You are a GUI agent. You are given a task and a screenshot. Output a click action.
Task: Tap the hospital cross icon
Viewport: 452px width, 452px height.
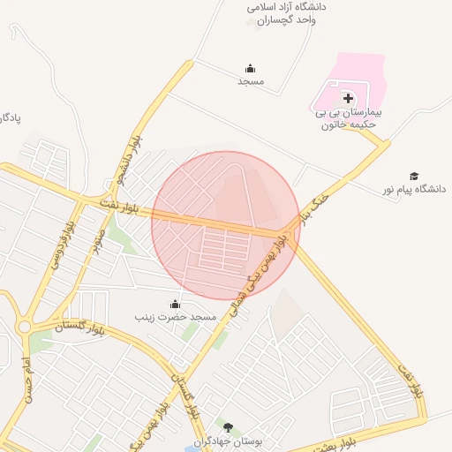pyautogui.click(x=348, y=98)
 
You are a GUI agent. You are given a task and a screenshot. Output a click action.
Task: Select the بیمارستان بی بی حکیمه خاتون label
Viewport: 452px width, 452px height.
pyautogui.click(x=347, y=119)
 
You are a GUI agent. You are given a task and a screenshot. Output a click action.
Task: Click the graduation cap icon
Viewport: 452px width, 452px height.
pyautogui.click(x=414, y=177)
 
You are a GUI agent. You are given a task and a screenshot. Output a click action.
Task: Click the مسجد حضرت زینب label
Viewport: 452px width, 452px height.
pyautogui.click(x=175, y=316)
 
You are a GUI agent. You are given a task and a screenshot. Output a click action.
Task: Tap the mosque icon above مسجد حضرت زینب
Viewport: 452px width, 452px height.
pyautogui.click(x=174, y=304)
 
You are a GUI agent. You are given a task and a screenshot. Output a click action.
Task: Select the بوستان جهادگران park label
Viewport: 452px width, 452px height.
pyautogui.click(x=228, y=441)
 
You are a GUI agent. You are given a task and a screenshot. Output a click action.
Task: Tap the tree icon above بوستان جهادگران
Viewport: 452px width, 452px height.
pyautogui.click(x=228, y=428)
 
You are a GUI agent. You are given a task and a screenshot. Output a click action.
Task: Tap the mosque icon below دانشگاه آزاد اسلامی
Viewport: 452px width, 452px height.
pyautogui.click(x=251, y=69)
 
